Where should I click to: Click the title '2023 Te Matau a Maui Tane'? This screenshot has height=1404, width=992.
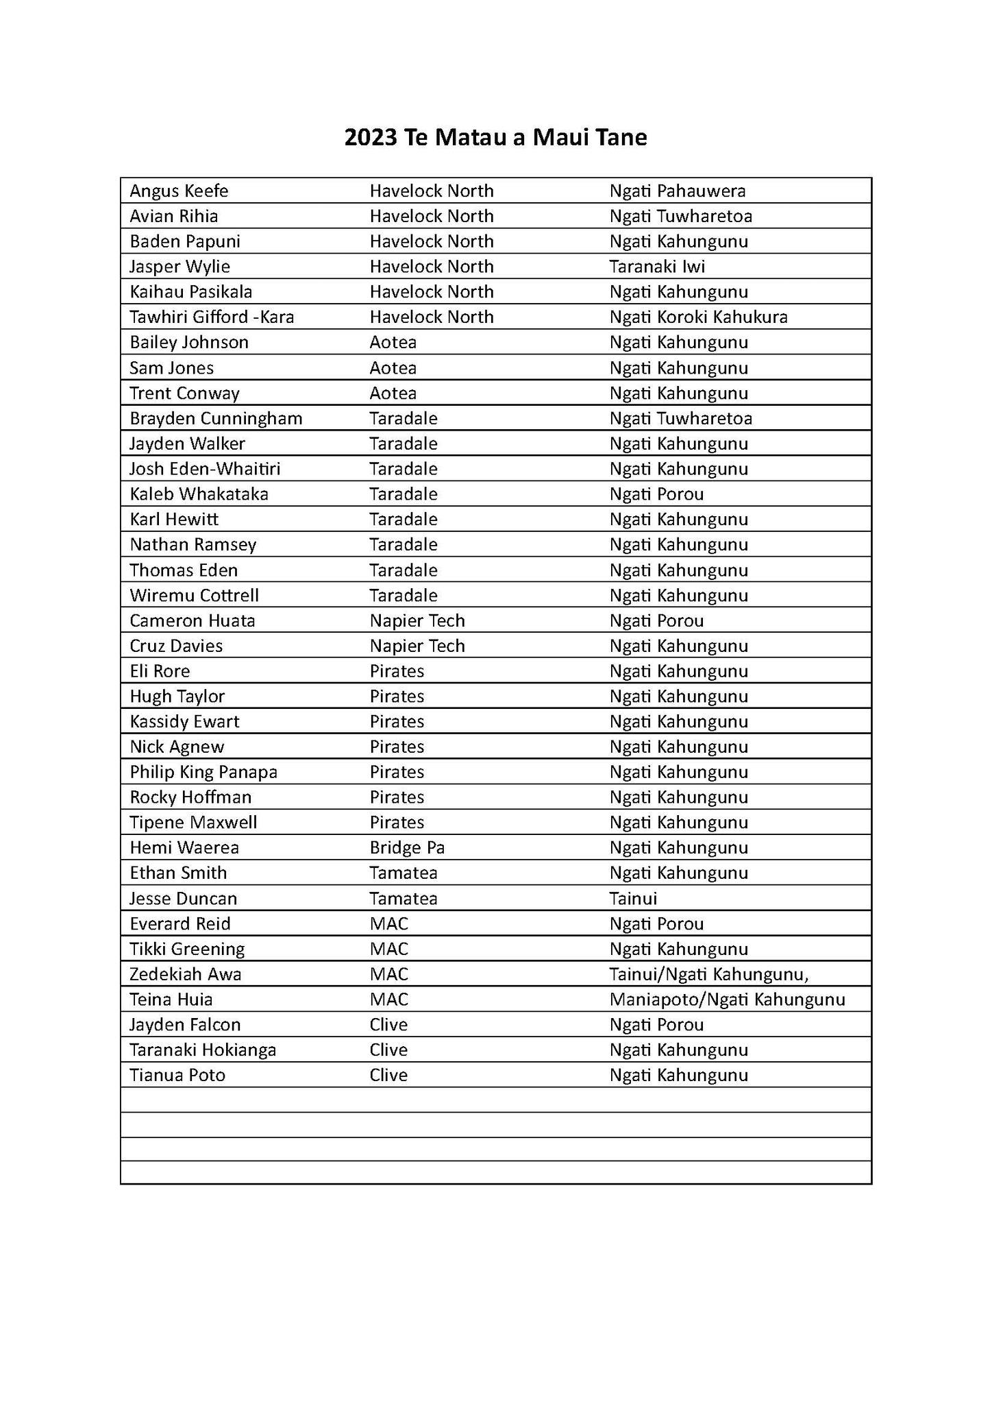[x=495, y=138]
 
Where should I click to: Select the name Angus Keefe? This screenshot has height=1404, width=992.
[x=179, y=191]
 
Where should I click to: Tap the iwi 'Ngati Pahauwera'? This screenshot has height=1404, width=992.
[x=677, y=191]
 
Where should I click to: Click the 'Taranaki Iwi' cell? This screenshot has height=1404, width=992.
[x=656, y=267]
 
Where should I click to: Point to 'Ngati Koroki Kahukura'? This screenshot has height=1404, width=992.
[x=698, y=317]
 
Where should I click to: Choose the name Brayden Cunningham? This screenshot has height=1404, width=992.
[x=216, y=418]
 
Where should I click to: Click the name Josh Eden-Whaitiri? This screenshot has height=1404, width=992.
[x=205, y=469]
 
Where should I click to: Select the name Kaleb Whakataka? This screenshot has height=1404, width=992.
[x=199, y=494]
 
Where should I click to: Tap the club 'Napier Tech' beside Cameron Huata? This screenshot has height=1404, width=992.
[x=417, y=620]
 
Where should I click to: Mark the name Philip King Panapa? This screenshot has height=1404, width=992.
[x=203, y=772]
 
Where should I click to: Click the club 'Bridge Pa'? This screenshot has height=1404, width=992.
[x=407, y=848]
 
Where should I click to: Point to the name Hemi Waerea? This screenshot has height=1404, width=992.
[x=184, y=848]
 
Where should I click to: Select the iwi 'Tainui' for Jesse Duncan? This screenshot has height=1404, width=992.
[x=633, y=899]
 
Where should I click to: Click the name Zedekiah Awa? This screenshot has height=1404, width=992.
[x=186, y=974]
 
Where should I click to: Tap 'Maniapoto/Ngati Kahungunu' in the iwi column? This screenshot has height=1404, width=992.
[x=727, y=1000]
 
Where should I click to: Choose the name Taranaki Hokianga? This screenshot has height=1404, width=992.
[x=203, y=1050]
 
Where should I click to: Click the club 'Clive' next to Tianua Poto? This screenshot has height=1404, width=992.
[x=388, y=1075]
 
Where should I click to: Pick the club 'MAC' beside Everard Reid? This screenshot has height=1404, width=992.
[x=388, y=924]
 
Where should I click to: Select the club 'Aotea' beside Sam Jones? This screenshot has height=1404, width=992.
[x=393, y=368]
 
